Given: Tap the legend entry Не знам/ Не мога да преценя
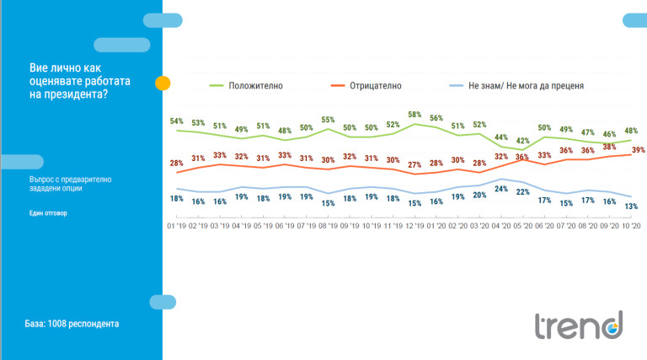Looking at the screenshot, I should point(528,85).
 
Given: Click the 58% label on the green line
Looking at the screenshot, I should point(414,114).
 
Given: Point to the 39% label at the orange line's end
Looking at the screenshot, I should point(638,149).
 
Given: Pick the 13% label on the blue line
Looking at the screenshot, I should point(631,207).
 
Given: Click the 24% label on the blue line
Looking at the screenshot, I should point(501,189).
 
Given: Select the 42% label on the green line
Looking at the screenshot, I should point(523,141).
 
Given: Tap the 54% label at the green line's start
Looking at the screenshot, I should point(176,121).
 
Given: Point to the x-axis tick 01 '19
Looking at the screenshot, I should point(176,226).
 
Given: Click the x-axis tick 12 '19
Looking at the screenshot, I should point(414,226).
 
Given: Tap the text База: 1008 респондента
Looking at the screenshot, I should point(72,323).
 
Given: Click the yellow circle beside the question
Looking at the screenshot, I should point(163,83).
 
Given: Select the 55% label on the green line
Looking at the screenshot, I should point(328,120).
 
